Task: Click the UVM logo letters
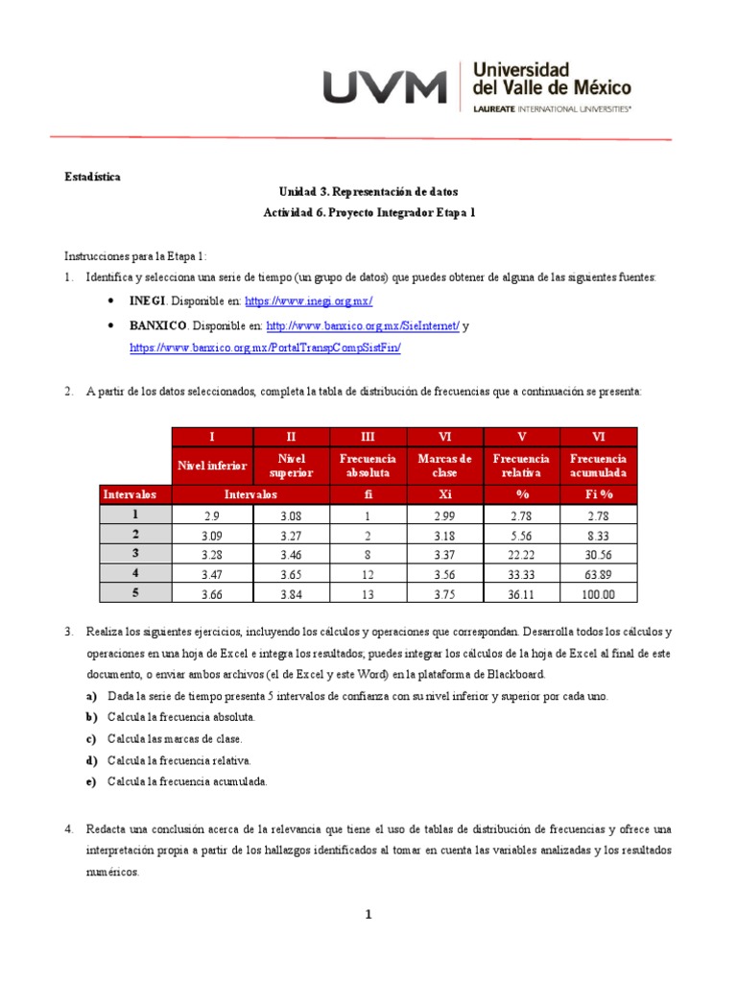tap(385, 87)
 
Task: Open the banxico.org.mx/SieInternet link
tap(363, 325)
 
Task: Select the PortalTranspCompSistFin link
tap(265, 348)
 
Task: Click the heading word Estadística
tap(92, 177)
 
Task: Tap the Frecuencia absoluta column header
tap(368, 466)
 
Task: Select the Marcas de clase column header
tap(445, 466)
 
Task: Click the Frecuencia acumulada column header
tap(597, 466)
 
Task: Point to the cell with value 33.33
tap(521, 574)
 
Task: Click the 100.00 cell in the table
tap(597, 594)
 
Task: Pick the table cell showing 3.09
tap(211, 535)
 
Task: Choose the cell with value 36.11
tap(521, 594)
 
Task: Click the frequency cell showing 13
tap(368, 594)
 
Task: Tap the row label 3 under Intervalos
tap(134, 554)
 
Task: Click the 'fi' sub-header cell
tap(368, 494)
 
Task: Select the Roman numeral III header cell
tap(368, 437)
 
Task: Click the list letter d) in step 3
tap(92, 760)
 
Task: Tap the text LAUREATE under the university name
tap(494, 110)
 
